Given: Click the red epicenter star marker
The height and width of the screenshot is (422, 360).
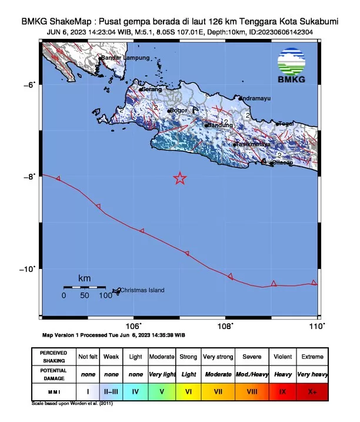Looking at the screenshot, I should (x=180, y=178).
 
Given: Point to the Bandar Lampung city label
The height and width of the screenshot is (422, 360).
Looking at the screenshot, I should (x=125, y=58).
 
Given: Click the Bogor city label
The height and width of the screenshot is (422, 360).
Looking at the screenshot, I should (x=178, y=110).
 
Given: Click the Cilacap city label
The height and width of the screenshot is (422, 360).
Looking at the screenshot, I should (x=282, y=163).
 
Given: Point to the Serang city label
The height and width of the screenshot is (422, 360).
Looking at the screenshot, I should (x=152, y=89).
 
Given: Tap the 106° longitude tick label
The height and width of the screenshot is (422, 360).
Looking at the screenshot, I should (x=134, y=325).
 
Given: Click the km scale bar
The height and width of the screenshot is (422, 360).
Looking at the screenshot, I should (x=84, y=287).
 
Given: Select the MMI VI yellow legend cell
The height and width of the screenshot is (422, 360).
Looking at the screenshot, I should (x=189, y=390).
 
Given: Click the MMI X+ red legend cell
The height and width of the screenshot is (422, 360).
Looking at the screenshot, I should (x=312, y=390).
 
